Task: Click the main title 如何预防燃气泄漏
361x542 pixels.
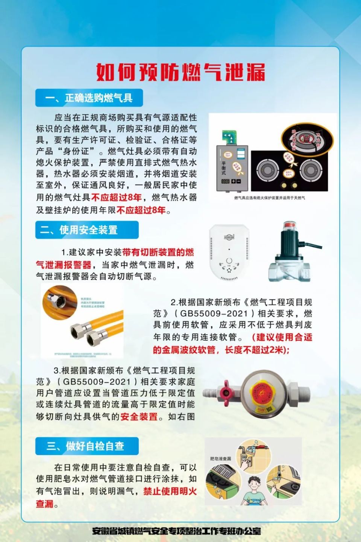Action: point(180,72)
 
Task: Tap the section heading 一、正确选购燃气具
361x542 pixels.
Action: point(89,98)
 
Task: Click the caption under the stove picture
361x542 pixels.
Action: point(269,198)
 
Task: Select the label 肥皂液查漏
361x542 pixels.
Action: point(220,458)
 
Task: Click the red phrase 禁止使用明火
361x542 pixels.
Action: point(170,491)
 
